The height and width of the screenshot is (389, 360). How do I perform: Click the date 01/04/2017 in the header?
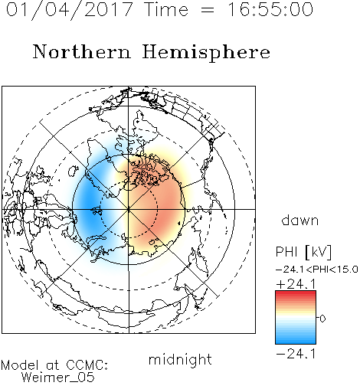[70, 10]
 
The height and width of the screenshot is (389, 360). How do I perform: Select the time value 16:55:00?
[270, 9]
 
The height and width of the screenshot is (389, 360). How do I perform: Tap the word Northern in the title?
[81, 51]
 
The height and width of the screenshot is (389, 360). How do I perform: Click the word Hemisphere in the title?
[206, 52]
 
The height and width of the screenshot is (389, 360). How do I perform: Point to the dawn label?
[300, 220]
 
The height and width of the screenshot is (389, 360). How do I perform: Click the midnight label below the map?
[180, 359]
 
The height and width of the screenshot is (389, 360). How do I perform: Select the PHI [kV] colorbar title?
[303, 252]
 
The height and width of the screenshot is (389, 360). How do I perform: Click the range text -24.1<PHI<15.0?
[317, 270]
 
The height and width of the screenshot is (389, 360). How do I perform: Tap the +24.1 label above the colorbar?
[296, 284]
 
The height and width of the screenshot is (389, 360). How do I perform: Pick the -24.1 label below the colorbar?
[296, 354]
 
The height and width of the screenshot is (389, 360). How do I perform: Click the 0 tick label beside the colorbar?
[322, 319]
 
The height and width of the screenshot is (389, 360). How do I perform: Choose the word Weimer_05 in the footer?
[58, 378]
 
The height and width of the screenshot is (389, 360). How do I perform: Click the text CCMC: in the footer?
[87, 365]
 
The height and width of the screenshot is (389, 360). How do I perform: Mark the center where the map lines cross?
[129, 209]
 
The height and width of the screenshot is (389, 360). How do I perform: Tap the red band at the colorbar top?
[296, 294]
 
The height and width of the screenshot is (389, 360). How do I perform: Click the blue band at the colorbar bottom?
[296, 340]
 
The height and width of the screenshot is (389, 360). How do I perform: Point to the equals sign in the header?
[207, 10]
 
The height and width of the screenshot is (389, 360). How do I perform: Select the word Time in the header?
[166, 9]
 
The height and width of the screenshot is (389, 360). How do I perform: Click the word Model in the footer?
[20, 365]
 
